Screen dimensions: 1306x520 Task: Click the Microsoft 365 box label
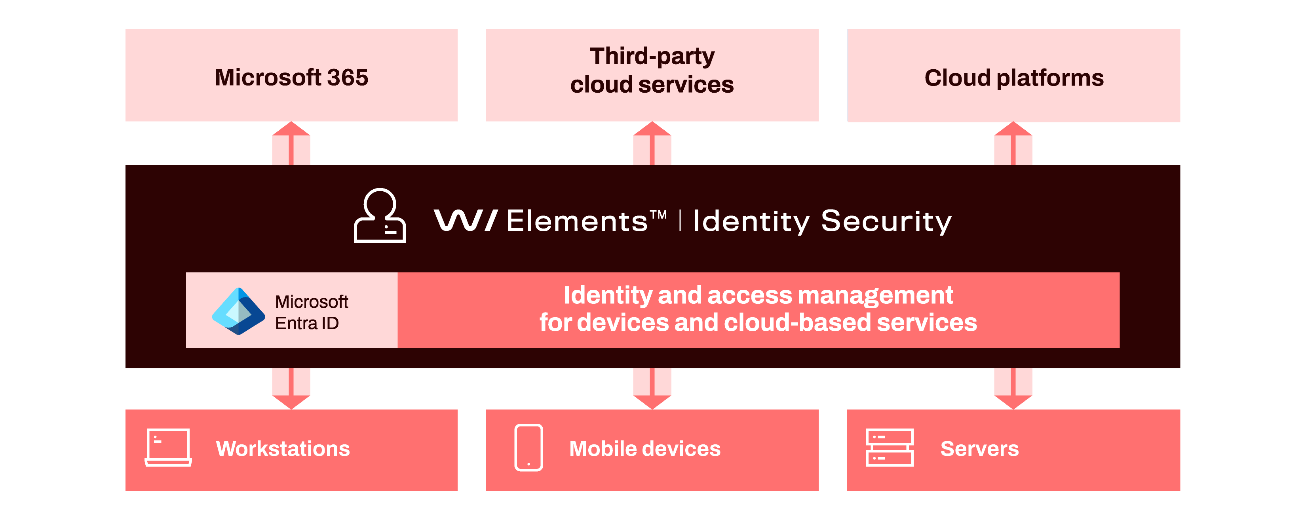click(291, 78)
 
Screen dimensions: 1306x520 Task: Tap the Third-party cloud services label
click(652, 70)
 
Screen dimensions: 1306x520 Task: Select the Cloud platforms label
click(1014, 78)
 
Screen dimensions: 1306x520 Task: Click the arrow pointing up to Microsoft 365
click(291, 143)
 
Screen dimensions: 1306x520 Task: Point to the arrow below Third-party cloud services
click(652, 143)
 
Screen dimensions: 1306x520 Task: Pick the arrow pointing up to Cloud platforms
click(1013, 143)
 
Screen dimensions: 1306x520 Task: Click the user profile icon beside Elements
click(380, 215)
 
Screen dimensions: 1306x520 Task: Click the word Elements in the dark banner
click(577, 221)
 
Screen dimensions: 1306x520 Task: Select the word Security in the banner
click(886, 222)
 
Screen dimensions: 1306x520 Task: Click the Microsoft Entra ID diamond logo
click(238, 311)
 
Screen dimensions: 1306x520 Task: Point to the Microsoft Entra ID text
click(311, 312)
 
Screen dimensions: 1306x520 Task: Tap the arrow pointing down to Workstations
click(291, 389)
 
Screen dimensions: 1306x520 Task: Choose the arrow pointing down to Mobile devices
click(652, 389)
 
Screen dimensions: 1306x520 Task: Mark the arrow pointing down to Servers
click(1013, 389)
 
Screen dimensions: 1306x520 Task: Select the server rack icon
click(890, 448)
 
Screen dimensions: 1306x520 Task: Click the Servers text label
click(979, 448)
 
